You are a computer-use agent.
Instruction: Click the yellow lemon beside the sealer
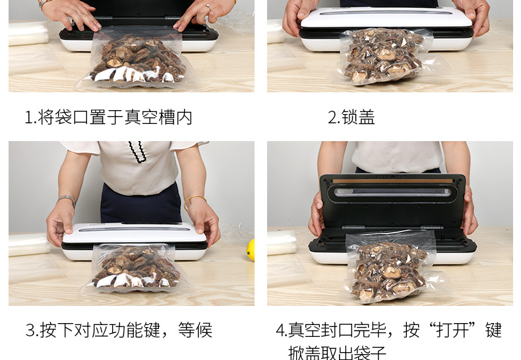[251, 250]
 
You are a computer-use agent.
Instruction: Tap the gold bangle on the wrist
[195, 200]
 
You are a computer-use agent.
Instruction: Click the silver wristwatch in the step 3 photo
[66, 200]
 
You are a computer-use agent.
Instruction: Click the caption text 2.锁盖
[352, 117]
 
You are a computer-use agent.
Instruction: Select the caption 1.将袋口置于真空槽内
[109, 117]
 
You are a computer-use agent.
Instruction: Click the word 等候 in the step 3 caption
[195, 330]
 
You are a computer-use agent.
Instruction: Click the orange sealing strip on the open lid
[393, 181]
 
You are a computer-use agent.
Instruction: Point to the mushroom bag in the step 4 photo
[392, 266]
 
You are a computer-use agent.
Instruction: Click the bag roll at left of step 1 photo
[28, 33]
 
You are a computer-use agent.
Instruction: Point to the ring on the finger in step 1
[208, 7]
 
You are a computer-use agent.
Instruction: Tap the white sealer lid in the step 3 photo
[135, 233]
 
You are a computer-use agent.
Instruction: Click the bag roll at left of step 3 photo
[29, 245]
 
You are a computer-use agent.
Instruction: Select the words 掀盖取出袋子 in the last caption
[337, 353]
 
